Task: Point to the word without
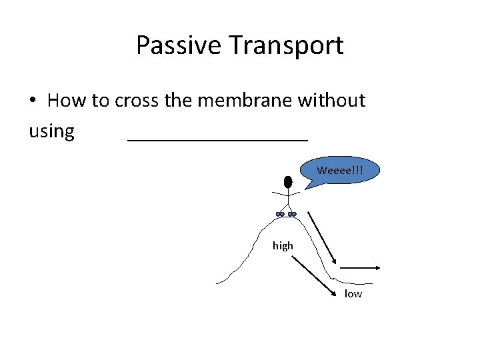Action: (331, 101)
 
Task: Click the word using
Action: (51, 131)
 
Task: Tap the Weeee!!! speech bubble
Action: (341, 170)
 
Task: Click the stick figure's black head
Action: (288, 181)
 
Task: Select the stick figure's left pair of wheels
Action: (280, 214)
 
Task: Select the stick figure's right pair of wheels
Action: (292, 214)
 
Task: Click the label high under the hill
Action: (283, 246)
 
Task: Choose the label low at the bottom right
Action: (353, 294)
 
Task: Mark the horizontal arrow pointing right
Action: (360, 268)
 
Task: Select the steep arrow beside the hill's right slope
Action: (323, 237)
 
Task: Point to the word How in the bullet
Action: (67, 101)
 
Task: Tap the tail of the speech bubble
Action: (309, 183)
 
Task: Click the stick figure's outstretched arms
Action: (287, 193)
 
